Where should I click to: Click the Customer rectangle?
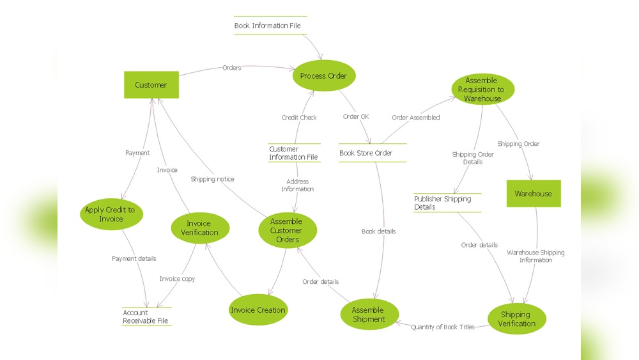[x=151, y=85]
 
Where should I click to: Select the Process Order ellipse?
[x=323, y=76]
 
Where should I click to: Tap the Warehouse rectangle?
[x=534, y=193]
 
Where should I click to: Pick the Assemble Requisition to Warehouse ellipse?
[x=482, y=90]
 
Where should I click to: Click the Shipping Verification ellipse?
[x=516, y=319]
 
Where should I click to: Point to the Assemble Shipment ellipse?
[x=369, y=315]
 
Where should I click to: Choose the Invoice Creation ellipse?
[x=258, y=310]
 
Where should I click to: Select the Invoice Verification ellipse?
[x=198, y=228]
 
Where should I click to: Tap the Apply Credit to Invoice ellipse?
[x=111, y=215]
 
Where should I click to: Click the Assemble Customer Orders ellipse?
[x=288, y=231]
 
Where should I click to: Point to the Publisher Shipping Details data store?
[x=447, y=203]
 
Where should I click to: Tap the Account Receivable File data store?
[x=146, y=317]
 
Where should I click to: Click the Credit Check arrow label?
[x=299, y=118]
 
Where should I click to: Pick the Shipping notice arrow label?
[x=212, y=180]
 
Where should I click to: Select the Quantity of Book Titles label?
[x=443, y=327]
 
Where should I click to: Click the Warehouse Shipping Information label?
[x=535, y=256]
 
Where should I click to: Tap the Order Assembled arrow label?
[x=415, y=118]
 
